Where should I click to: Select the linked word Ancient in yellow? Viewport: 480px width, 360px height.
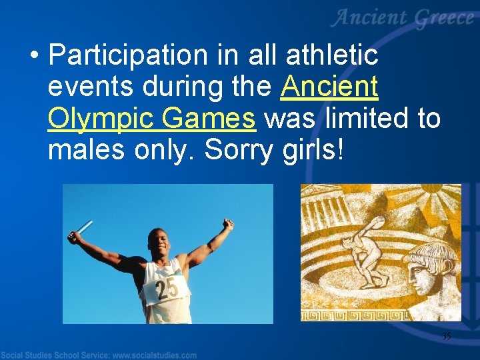(x=329, y=87)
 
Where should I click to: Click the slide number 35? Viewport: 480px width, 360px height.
(x=446, y=336)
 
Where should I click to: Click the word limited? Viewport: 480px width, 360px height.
(x=375, y=119)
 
